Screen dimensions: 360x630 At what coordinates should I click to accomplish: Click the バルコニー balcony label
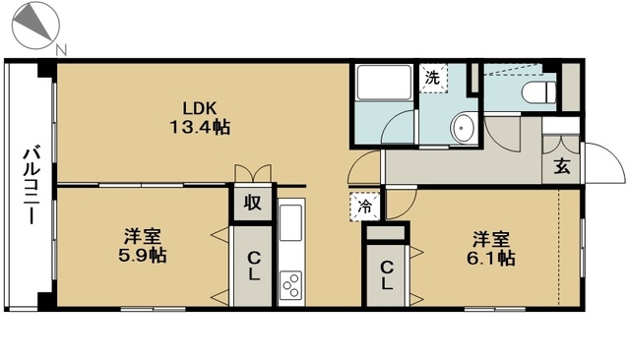[x=31, y=184]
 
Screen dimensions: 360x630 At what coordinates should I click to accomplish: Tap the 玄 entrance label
[x=561, y=166]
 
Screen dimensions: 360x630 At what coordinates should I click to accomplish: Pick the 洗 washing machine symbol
[x=432, y=75]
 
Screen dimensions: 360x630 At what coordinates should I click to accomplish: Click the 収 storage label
[x=253, y=204]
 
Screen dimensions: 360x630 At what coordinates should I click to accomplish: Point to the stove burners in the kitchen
[x=292, y=285]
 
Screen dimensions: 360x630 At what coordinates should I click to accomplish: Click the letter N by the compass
[x=61, y=49]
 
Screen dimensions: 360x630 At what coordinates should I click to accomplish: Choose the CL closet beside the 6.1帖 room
[x=387, y=273]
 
